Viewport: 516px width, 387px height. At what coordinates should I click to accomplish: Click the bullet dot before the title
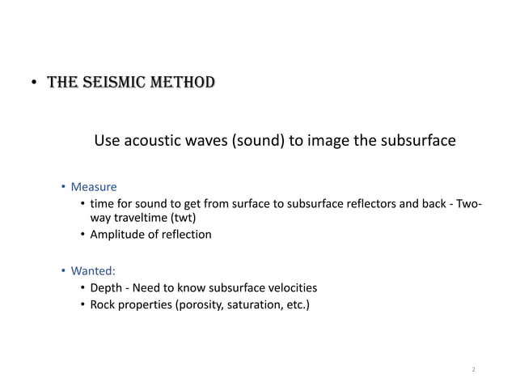34,83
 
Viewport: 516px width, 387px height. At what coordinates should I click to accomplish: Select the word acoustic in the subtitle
152,141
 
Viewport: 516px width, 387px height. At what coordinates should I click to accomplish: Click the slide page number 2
473,369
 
